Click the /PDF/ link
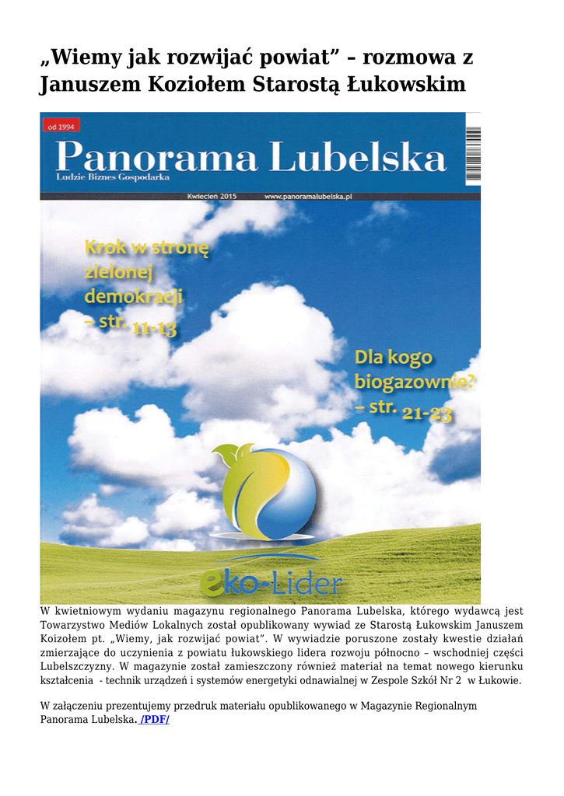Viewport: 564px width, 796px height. [154, 720]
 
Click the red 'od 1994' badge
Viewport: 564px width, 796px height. [62, 126]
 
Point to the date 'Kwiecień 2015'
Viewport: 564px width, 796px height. [212, 197]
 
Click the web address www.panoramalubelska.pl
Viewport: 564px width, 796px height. [308, 197]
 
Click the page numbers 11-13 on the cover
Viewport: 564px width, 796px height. [155, 330]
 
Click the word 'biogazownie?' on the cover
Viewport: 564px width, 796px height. [415, 383]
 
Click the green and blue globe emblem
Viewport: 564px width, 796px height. [268, 491]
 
